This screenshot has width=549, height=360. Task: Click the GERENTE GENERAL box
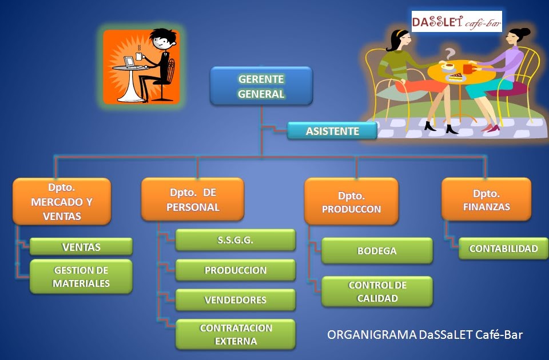[261, 86]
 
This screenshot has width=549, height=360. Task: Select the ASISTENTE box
[332, 131]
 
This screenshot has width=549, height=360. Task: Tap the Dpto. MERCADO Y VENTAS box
[62, 201]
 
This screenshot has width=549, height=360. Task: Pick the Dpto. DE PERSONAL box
[193, 199]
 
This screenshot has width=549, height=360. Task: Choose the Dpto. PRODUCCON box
[351, 201]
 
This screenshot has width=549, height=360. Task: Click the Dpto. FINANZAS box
[486, 199]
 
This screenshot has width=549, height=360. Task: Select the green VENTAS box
[81, 247]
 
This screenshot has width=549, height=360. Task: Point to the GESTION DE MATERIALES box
[81, 277]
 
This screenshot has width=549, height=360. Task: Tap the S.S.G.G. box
[236, 240]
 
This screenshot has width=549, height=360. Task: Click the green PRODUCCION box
[236, 270]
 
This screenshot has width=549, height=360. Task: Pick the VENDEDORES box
[236, 300]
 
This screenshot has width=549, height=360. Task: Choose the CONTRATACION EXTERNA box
[236, 334]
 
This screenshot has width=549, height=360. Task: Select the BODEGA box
[377, 251]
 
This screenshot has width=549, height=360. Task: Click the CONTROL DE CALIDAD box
[377, 291]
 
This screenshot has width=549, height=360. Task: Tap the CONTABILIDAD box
[503, 249]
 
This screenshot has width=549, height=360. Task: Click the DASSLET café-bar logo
[456, 22]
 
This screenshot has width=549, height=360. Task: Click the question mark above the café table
[451, 53]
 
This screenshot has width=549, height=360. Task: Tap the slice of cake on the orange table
[456, 75]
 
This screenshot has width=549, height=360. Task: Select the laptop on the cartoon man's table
[129, 61]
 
